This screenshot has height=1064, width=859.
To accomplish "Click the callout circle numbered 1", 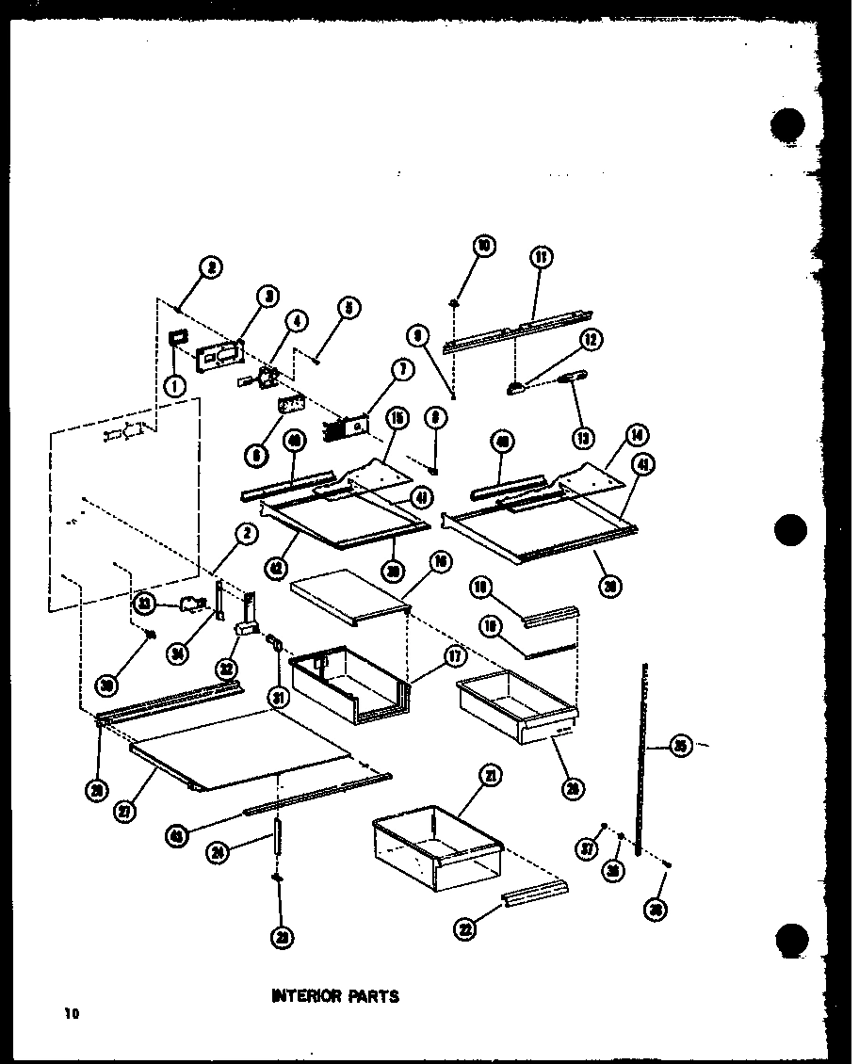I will pos(175,384).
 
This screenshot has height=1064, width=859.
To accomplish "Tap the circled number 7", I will pos(403,370).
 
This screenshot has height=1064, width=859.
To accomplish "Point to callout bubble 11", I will pos(543,257).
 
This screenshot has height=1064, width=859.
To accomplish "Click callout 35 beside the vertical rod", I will pos(683,747).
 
